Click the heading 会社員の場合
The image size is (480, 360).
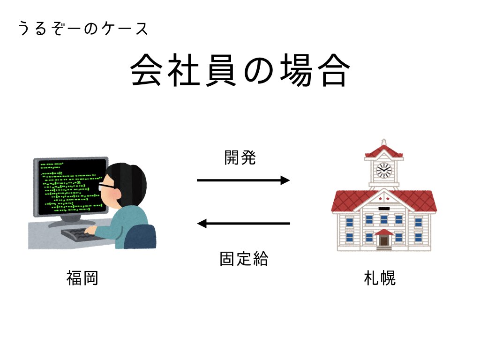click(x=240, y=70)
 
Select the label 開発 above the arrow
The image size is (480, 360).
click(x=240, y=158)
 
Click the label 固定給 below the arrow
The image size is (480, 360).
click(x=244, y=259)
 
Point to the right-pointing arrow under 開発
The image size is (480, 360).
click(x=243, y=180)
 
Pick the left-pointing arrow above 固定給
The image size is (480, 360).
click(x=243, y=224)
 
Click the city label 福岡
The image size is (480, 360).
click(x=82, y=278)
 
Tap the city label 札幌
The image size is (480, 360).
click(x=380, y=278)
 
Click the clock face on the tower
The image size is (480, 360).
click(x=384, y=170)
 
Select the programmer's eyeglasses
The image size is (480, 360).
click(x=106, y=186)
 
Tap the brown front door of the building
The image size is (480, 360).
click(x=384, y=240)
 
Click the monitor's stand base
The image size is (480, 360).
click(x=72, y=222)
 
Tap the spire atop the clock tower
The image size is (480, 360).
click(x=384, y=142)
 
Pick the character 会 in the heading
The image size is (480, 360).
click(x=146, y=70)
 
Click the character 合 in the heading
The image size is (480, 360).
click(x=335, y=70)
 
